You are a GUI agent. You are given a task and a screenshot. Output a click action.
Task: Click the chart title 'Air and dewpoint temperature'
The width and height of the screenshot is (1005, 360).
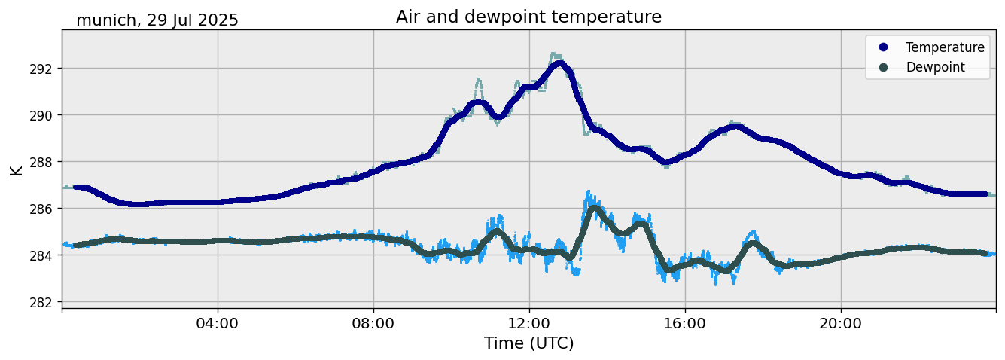528,17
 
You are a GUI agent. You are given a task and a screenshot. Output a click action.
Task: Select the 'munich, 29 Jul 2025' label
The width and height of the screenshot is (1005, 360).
157,20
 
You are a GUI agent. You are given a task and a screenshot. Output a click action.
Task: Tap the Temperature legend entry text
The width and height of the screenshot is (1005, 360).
945,47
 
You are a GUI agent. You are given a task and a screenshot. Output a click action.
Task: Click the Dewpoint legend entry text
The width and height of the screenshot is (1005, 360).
935,67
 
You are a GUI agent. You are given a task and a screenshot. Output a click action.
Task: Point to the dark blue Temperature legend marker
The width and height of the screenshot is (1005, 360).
883,47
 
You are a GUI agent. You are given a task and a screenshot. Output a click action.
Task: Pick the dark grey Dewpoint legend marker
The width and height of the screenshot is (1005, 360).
883,67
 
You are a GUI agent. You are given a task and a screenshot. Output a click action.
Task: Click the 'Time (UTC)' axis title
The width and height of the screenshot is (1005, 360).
528,343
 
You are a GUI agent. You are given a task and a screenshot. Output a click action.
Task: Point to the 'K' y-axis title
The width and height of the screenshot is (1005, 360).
16,169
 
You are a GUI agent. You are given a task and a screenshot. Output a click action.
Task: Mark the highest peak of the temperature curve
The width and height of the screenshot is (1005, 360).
559,64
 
